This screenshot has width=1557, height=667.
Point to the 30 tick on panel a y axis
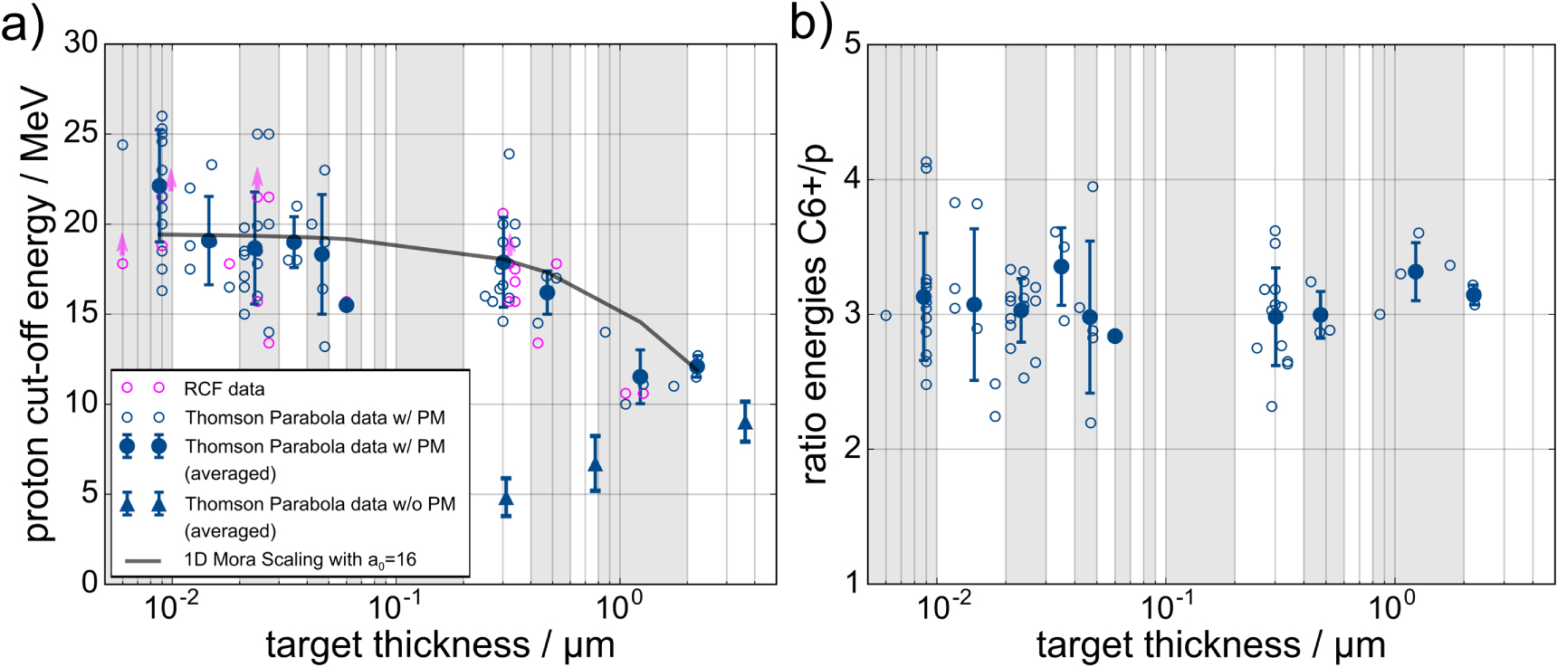pyautogui.click(x=81, y=43)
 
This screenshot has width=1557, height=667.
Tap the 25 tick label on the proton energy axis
pyautogui.click(x=81, y=133)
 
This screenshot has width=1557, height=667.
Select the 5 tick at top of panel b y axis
pyautogui.click(x=852, y=43)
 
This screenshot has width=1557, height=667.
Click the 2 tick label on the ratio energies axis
pyautogui.click(x=852, y=448)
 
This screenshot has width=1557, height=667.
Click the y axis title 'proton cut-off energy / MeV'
pyautogui.click(x=36, y=312)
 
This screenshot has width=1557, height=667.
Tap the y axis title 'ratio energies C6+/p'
pyautogui.click(x=814, y=312)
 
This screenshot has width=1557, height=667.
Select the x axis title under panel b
pyautogui.click(x=1210, y=645)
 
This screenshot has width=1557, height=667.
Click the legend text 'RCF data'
pyautogui.click(x=224, y=389)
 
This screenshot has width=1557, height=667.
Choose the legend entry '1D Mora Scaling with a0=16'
pyautogui.click(x=300, y=559)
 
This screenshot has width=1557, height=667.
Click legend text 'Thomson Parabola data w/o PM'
pyautogui.click(x=320, y=504)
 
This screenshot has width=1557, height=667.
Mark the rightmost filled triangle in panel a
pyautogui.click(x=745, y=423)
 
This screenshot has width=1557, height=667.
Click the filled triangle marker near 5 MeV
pyautogui.click(x=506, y=498)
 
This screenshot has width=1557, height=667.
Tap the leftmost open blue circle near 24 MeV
pyautogui.click(x=123, y=145)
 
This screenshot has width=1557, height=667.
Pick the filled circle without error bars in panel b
pyautogui.click(x=1114, y=336)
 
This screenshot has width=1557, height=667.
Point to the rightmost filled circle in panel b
pyautogui.click(x=1474, y=295)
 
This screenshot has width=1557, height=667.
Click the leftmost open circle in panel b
pyautogui.click(x=885, y=316)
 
